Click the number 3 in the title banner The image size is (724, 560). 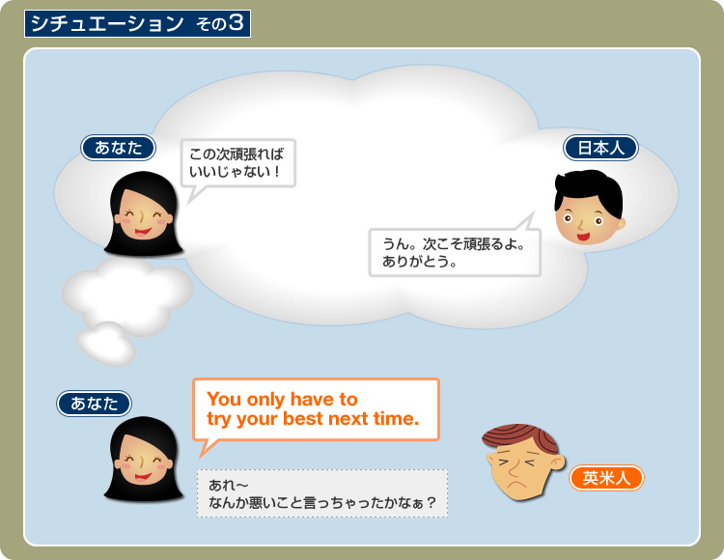[x=236, y=22]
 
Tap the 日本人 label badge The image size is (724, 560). [x=600, y=148]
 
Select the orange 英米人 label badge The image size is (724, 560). [x=606, y=478]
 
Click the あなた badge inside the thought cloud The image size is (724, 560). [x=118, y=148]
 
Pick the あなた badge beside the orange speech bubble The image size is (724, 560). [x=95, y=404]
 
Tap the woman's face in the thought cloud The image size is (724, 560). [x=143, y=213]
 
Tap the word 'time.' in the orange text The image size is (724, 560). [x=396, y=419]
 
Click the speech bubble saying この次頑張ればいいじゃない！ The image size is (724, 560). [x=237, y=163]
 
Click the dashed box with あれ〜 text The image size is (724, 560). [x=322, y=493]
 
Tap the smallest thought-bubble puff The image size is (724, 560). [x=106, y=343]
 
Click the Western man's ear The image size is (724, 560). [x=558, y=462]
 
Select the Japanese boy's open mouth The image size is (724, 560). [x=583, y=238]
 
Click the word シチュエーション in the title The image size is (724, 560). [x=107, y=23]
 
